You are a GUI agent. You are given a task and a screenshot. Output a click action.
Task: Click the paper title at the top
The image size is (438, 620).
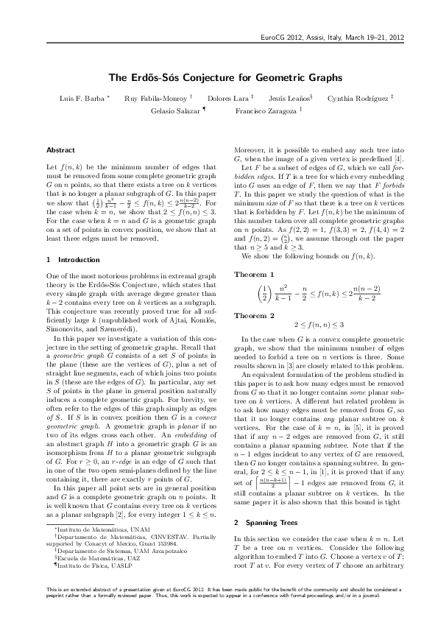tap(219, 77)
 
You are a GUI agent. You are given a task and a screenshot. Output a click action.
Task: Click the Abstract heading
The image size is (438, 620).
tap(60, 149)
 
